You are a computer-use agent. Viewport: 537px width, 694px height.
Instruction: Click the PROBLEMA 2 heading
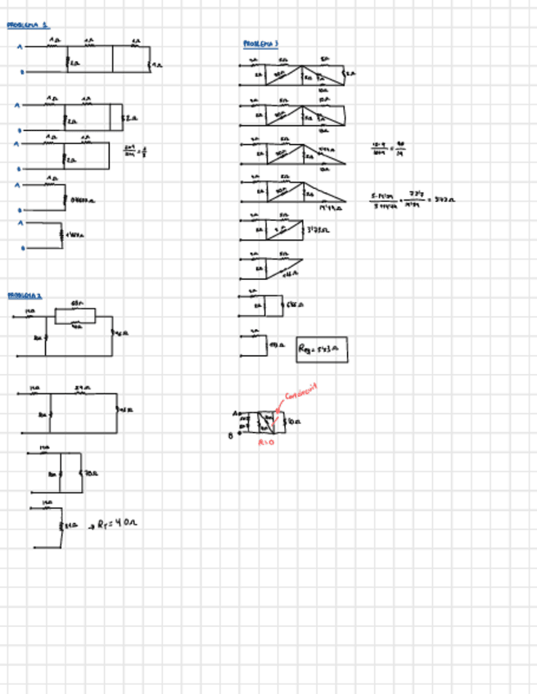(25, 295)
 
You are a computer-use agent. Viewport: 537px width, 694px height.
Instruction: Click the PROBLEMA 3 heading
(260, 43)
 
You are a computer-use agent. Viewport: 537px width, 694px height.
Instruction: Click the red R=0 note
(266, 443)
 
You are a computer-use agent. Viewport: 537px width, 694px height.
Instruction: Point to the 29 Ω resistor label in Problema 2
(81, 388)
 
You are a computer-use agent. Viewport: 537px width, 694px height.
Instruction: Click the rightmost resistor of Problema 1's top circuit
(150, 61)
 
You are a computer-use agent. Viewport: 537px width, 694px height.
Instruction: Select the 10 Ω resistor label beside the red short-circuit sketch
(295, 423)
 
